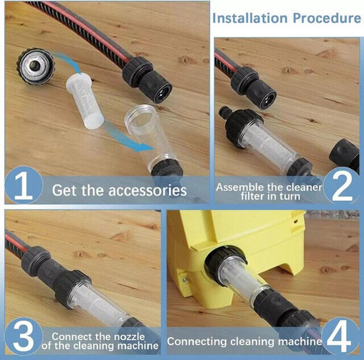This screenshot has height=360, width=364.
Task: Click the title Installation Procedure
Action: click(x=286, y=18)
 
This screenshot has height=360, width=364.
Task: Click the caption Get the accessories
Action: click(x=119, y=190)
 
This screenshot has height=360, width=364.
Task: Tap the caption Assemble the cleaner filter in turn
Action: click(x=269, y=191)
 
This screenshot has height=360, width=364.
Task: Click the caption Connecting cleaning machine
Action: click(x=244, y=341)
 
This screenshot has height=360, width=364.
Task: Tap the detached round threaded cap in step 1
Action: click(x=35, y=66)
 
